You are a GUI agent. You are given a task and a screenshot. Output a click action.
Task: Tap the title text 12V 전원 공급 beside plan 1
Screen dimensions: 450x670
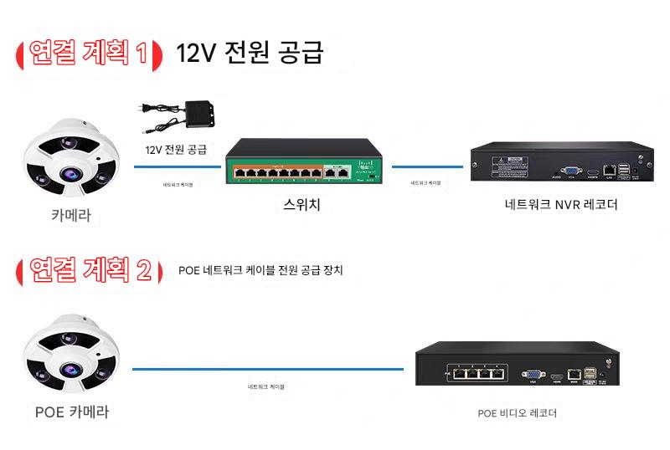click(249, 53)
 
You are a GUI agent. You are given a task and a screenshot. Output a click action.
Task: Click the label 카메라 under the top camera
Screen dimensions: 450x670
click(70, 217)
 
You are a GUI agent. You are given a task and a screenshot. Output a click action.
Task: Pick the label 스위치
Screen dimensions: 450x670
click(302, 203)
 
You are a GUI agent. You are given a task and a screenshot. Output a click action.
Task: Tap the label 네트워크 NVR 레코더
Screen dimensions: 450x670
click(561, 203)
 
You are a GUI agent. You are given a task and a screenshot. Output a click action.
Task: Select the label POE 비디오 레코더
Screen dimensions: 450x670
click(517, 412)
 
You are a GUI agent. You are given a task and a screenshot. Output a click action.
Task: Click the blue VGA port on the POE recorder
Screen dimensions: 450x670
click(531, 376)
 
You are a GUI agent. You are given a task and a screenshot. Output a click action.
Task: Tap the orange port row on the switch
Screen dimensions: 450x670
click(276, 173)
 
